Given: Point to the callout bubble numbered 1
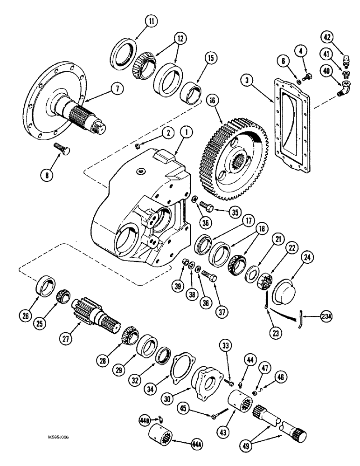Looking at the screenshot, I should (186, 132).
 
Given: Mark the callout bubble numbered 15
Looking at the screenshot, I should (210, 59).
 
